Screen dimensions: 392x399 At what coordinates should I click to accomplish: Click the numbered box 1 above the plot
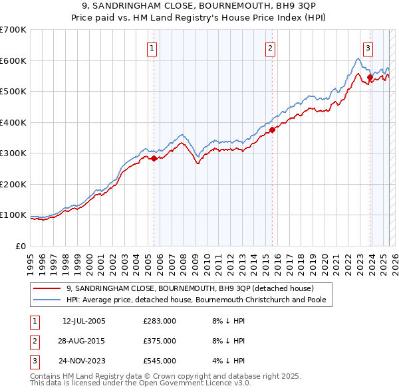[x=152, y=48]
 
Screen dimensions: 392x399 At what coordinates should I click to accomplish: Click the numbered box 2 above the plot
[x=271, y=48]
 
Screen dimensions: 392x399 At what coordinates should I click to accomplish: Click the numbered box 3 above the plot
[x=368, y=48]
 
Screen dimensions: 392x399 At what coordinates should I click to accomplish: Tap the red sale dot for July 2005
[x=154, y=159]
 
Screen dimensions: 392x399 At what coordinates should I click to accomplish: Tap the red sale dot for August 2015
[x=273, y=130]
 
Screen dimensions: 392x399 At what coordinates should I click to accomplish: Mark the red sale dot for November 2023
[x=370, y=78]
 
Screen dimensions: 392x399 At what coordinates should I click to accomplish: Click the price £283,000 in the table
[x=160, y=321]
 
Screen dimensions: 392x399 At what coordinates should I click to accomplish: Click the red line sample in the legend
[x=48, y=288]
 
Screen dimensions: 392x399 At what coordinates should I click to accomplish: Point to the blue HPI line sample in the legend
[x=48, y=300]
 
